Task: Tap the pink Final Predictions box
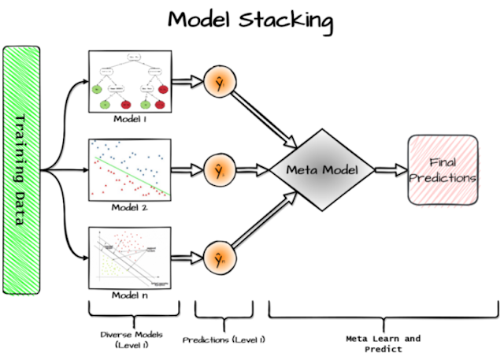[443, 169]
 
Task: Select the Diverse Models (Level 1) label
[131, 340]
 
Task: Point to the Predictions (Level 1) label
[224, 340]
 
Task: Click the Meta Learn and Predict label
[384, 343]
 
